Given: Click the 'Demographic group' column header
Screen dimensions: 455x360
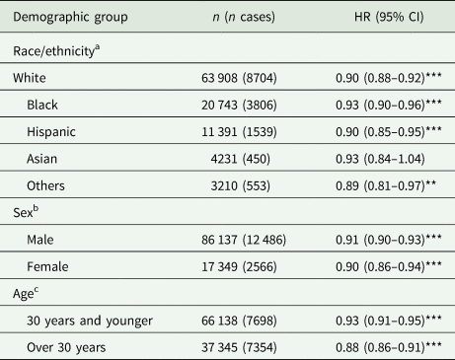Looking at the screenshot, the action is pyautogui.click(x=70, y=17).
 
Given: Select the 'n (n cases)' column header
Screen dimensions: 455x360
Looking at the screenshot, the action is pyautogui.click(x=244, y=17).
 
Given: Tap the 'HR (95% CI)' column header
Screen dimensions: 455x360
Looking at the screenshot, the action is pyautogui.click(x=389, y=17).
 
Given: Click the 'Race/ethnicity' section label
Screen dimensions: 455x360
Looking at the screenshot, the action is pyautogui.click(x=56, y=50).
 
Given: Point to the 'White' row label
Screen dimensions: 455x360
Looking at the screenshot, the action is pyautogui.click(x=30, y=78).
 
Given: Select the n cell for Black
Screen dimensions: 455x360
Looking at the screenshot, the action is pyautogui.click(x=239, y=105).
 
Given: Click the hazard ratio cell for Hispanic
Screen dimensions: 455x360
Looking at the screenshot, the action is pyautogui.click(x=389, y=132).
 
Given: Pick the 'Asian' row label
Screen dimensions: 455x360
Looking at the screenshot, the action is pyautogui.click(x=41, y=159).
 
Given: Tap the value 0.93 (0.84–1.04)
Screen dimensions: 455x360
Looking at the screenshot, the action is pyautogui.click(x=380, y=159).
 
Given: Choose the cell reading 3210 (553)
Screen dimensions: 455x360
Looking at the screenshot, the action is pyautogui.click(x=241, y=185).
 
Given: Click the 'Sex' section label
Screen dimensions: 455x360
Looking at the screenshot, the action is pyautogui.click(x=26, y=212).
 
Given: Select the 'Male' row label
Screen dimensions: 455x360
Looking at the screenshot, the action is pyautogui.click(x=40, y=240).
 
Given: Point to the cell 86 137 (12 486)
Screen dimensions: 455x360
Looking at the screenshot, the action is pyautogui.click(x=244, y=240).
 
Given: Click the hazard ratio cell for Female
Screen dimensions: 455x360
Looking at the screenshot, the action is pyautogui.click(x=389, y=266).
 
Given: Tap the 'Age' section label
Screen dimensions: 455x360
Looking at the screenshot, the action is pyautogui.click(x=26, y=293).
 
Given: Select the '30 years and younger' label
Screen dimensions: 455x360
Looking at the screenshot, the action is pyautogui.click(x=90, y=321).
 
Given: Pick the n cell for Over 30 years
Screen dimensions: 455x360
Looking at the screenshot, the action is pyautogui.click(x=239, y=347).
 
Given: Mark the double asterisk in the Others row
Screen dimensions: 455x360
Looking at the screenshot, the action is pyautogui.click(x=430, y=182).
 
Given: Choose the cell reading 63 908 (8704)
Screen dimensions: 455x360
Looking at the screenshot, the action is pyautogui.click(x=239, y=78).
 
